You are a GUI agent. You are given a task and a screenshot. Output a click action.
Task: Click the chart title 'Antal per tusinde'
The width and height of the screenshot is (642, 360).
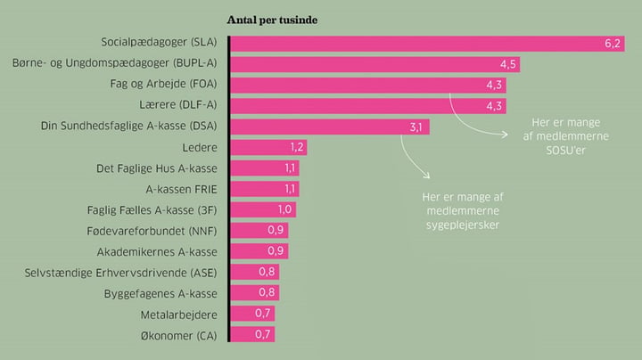[x=272, y=20]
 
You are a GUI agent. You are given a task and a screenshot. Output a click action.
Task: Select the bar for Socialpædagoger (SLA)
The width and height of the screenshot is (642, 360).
[x=427, y=44]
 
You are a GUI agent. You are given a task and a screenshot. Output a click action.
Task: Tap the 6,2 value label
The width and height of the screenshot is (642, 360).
[x=613, y=44]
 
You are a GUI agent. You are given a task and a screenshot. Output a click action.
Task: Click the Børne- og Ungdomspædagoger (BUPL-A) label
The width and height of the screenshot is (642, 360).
[x=115, y=63]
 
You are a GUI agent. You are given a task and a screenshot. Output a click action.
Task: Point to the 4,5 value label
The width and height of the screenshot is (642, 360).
[x=507, y=65]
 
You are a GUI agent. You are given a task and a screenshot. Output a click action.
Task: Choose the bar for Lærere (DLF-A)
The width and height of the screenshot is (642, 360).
[x=368, y=106]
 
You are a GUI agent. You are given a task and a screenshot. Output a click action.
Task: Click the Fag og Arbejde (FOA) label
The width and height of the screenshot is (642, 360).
[x=163, y=84]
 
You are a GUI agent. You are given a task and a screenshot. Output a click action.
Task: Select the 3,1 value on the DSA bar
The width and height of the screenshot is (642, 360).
[x=416, y=127]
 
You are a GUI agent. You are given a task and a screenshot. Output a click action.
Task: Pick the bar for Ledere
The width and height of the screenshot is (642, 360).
[x=268, y=147]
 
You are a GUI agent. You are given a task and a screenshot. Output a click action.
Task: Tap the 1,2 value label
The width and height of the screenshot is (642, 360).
[x=297, y=147]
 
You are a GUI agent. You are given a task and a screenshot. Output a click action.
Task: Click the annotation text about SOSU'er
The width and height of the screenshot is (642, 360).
[x=566, y=136]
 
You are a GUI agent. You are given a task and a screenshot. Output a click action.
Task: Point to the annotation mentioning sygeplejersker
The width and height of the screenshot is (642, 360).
[x=463, y=211]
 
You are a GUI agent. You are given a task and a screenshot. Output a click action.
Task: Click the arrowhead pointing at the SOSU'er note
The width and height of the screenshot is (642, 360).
[x=506, y=135]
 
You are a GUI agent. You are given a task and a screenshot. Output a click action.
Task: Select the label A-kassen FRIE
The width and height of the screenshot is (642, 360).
[x=181, y=190]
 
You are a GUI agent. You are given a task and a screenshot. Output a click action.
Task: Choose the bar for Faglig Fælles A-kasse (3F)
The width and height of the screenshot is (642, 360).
[x=263, y=210]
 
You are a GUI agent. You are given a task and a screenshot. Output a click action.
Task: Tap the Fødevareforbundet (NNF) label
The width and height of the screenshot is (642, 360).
[x=152, y=231]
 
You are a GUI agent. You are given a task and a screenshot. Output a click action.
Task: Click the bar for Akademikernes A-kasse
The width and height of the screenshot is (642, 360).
[x=259, y=251]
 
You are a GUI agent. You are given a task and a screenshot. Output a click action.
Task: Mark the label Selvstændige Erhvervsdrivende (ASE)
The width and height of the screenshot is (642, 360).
[x=120, y=273]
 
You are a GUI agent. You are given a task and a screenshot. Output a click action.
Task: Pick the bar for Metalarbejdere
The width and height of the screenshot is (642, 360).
[x=252, y=314]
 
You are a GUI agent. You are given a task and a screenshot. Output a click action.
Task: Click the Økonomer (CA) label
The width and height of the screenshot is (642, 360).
[x=179, y=336]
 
